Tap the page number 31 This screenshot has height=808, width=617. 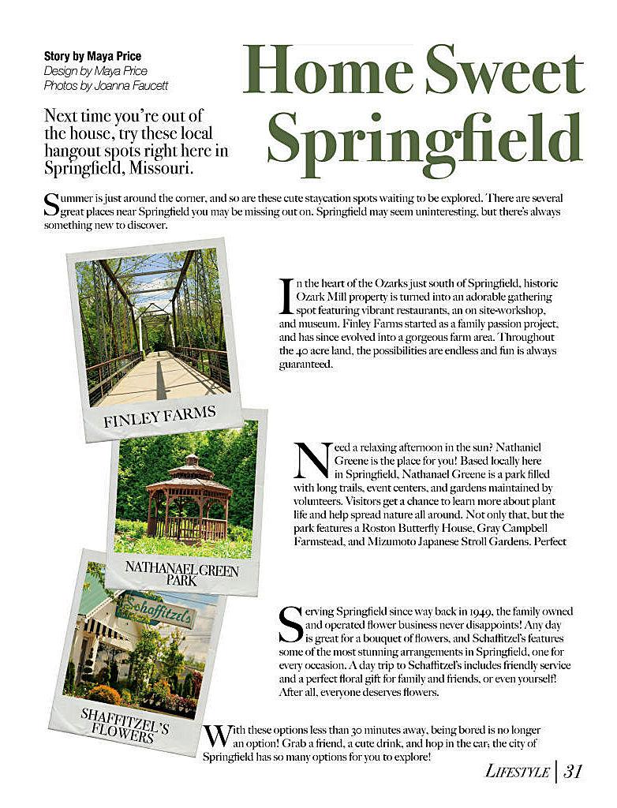coord(574,771)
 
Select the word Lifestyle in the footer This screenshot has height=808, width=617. coord(517,772)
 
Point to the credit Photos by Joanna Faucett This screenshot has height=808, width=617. coord(106,85)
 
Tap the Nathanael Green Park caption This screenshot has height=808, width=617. coord(181,573)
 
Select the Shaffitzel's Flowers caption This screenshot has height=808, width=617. coord(125,724)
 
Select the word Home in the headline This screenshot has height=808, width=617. coord(331,71)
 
